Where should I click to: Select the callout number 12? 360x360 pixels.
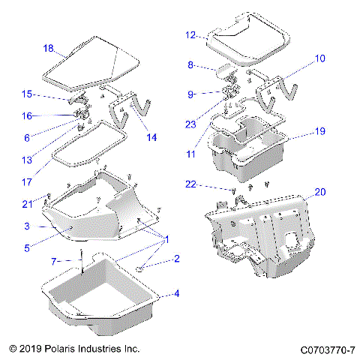[x=190, y=34]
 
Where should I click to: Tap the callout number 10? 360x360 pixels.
[x=320, y=58]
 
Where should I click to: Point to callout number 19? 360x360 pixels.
[x=319, y=130]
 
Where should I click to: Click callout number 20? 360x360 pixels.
[x=320, y=192]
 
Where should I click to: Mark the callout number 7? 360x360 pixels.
[x=53, y=260]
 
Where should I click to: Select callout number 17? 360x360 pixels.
[x=27, y=181]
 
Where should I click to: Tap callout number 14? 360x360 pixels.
[x=152, y=136]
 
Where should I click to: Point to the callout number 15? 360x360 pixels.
[x=27, y=94]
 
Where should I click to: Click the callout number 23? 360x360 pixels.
[x=190, y=124]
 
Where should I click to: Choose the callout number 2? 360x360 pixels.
[x=176, y=259]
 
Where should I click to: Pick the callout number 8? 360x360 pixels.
[x=190, y=65]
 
